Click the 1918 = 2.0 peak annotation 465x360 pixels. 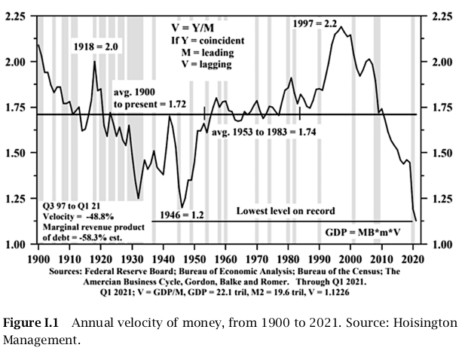pyautogui.click(x=96, y=47)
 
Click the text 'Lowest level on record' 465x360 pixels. pyautogui.click(x=285, y=211)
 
